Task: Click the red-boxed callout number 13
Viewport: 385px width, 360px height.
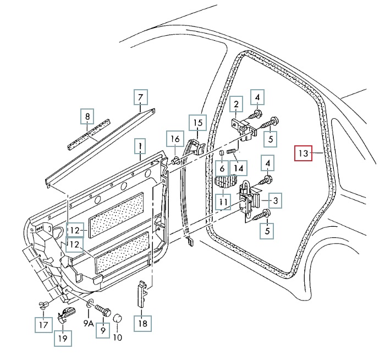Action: [x=303, y=152]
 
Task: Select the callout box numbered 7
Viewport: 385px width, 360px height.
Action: [x=141, y=97]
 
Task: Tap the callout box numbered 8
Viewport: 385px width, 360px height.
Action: [x=86, y=117]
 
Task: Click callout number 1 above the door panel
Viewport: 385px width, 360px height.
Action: [x=141, y=146]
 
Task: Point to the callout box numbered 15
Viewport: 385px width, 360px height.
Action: [x=196, y=122]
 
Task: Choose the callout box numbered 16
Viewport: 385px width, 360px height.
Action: [x=174, y=138]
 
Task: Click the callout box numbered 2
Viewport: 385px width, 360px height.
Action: [x=236, y=103]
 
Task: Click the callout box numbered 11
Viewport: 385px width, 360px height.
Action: [x=223, y=203]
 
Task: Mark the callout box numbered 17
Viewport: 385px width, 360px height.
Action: [x=42, y=324]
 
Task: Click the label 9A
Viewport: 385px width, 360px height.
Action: [x=89, y=324]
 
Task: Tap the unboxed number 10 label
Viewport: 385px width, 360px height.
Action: [x=117, y=337]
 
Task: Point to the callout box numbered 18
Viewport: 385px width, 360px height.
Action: [x=143, y=323]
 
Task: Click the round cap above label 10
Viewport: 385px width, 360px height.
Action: [x=117, y=318]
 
